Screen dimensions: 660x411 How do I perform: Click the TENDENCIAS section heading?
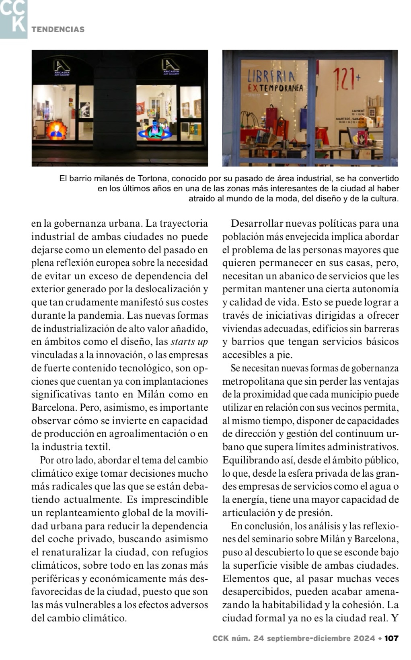[x=58, y=29]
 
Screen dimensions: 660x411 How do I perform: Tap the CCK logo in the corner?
[x=13, y=18]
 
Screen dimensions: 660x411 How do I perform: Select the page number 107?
[x=391, y=638]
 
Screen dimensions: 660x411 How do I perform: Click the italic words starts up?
[x=189, y=342]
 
